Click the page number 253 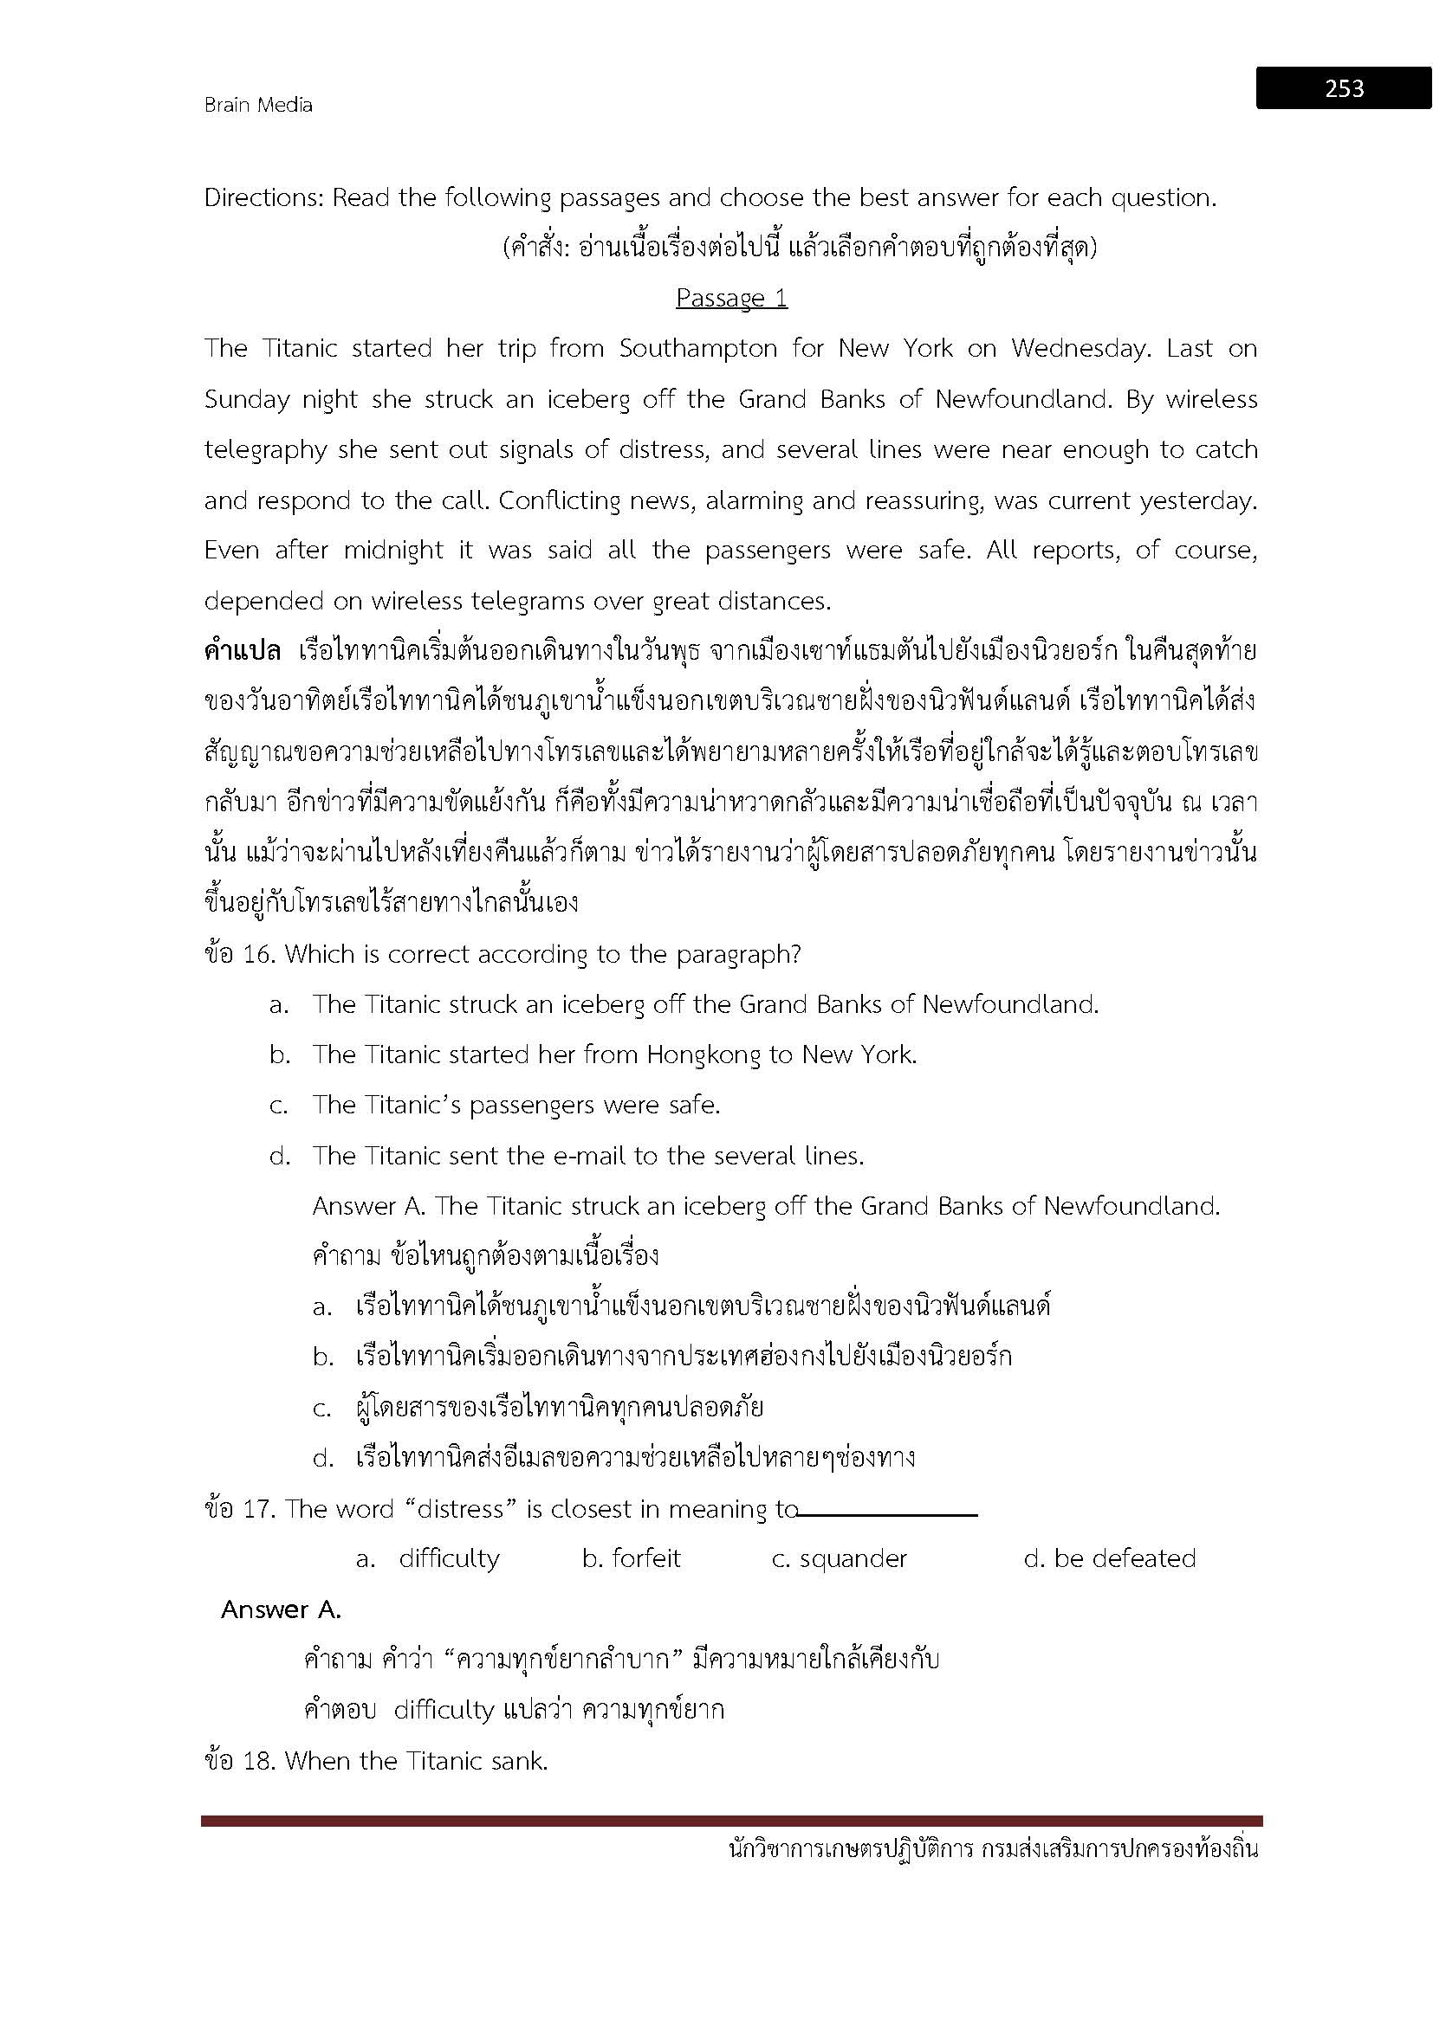coord(1344,88)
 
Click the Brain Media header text coord(257,105)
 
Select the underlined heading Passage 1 coord(731,298)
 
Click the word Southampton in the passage coord(698,349)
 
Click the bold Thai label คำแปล coord(242,653)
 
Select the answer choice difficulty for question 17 coord(449,1559)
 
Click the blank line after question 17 coord(888,1515)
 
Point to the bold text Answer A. coord(281,1610)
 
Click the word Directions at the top coord(262,198)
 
